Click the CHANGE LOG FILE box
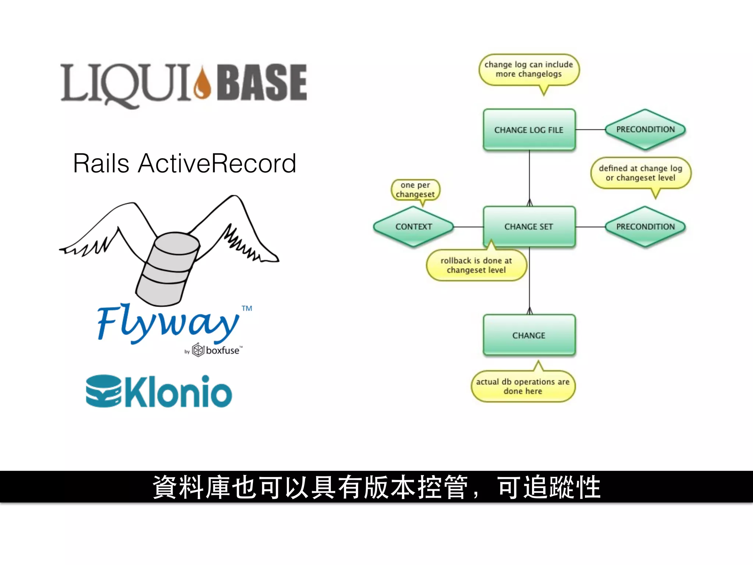(x=529, y=129)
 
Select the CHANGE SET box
(x=529, y=227)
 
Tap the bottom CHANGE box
(x=529, y=335)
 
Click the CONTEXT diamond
(x=414, y=227)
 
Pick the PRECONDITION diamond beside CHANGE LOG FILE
(x=645, y=129)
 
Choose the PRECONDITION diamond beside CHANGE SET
(x=645, y=227)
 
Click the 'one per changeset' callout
(x=415, y=190)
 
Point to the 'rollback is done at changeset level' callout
(x=477, y=265)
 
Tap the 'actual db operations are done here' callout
(x=523, y=386)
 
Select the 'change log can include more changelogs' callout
(x=529, y=70)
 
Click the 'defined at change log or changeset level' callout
(x=640, y=173)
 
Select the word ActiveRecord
(x=217, y=163)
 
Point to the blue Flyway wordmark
(x=167, y=323)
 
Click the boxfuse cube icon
(x=198, y=350)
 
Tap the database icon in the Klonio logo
(x=103, y=391)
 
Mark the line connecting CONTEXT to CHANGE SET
(x=468, y=227)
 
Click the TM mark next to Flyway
(x=247, y=308)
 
